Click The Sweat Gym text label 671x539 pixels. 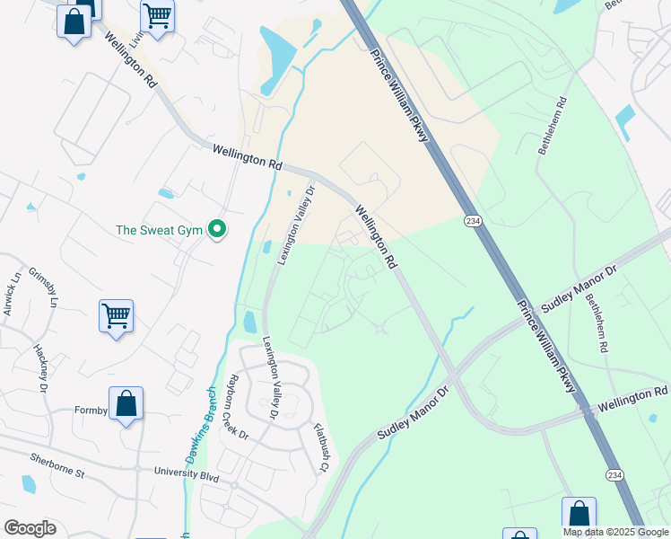point(160,231)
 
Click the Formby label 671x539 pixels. point(90,411)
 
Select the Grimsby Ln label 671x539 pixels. point(42,290)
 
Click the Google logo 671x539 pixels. point(30,528)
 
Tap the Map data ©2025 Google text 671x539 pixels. point(615,532)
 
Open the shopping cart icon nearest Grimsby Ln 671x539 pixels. point(116,316)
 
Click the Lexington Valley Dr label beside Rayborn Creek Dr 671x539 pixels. point(271,377)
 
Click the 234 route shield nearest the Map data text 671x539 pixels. point(614,474)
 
